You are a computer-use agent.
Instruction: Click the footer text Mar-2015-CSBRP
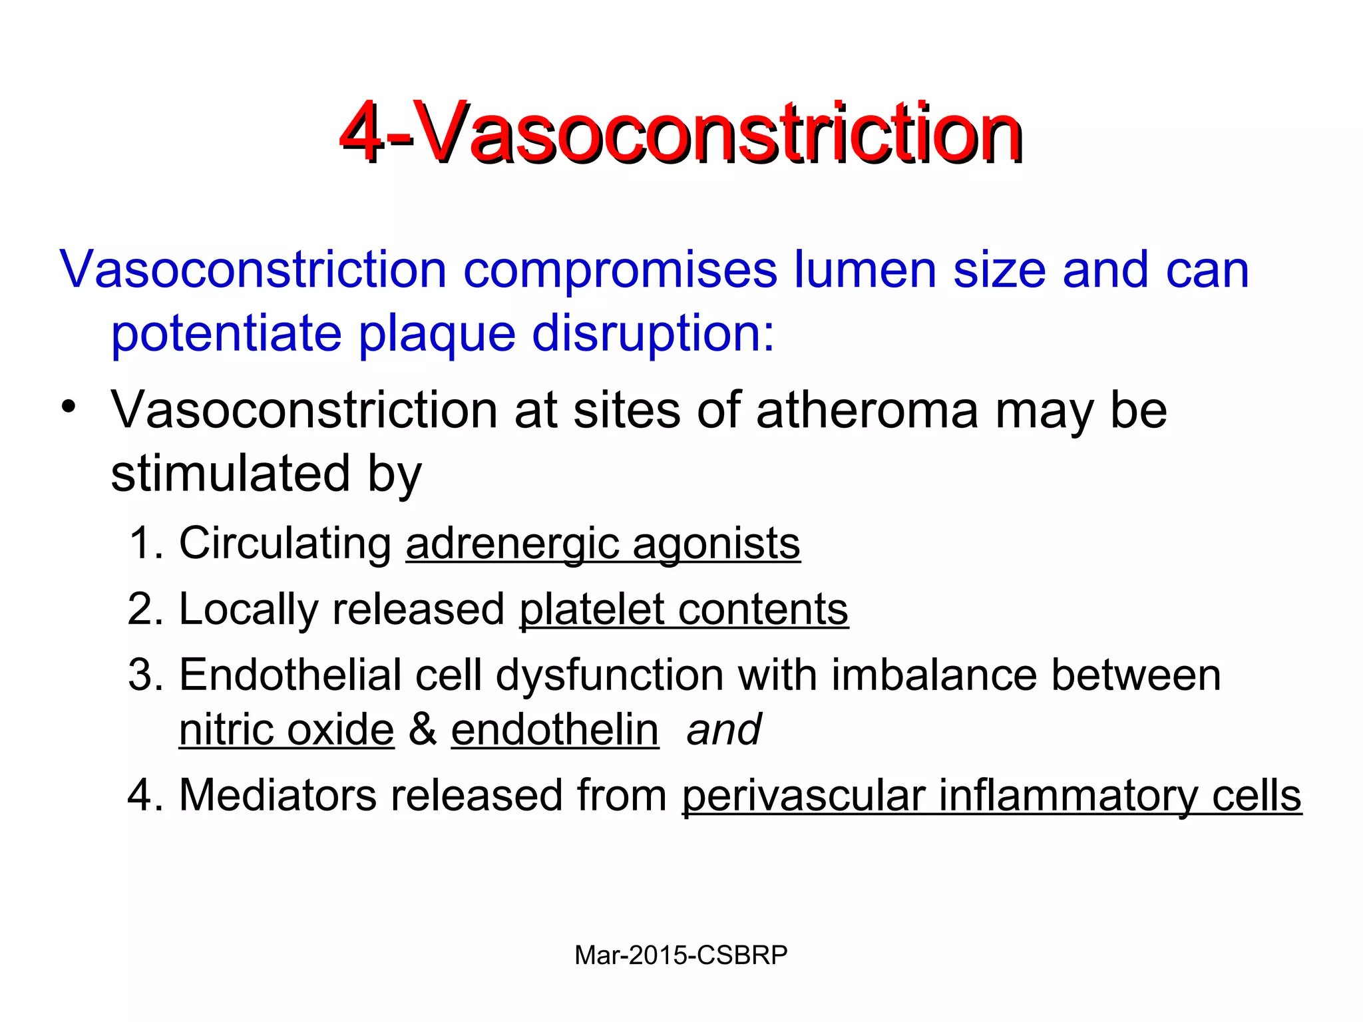tap(681, 955)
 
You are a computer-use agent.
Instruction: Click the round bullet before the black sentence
tap(69, 407)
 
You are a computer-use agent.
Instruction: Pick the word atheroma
tap(867, 411)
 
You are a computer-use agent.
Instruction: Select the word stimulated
tap(230, 474)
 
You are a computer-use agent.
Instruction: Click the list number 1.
tap(142, 543)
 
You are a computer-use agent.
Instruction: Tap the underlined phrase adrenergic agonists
tap(603, 544)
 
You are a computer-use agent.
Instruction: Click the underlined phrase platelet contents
tap(683, 609)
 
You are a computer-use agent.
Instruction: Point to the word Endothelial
tap(290, 675)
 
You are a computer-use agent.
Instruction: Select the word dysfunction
tap(609, 675)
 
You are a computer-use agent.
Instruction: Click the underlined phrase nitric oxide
tap(287, 730)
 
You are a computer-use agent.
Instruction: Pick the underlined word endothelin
tap(555, 730)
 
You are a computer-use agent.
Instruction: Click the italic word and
tap(723, 730)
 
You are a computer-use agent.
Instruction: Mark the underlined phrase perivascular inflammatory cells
tap(992, 796)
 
